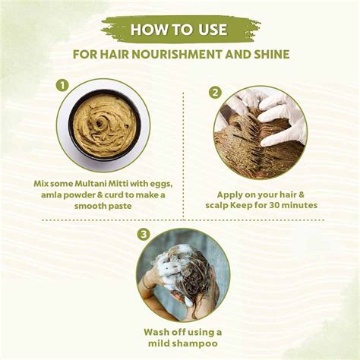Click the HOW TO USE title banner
coord(180,30)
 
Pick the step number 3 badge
coord(143,235)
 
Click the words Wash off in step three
coord(164,331)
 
